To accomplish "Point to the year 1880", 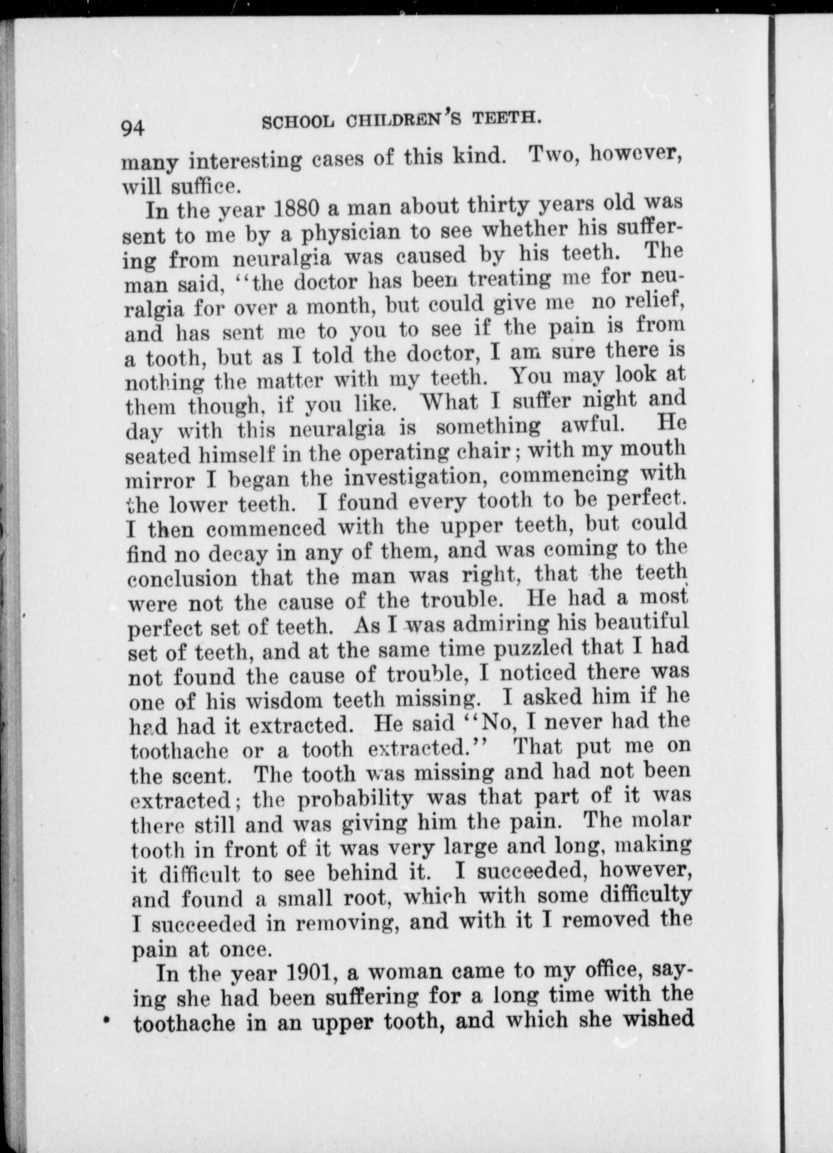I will coord(296,208).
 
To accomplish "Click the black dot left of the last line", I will coord(107,1020).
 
